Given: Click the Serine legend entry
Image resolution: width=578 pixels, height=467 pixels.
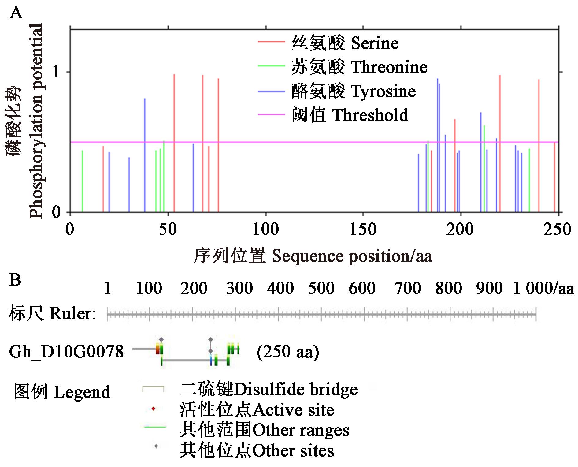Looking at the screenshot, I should tap(345, 43).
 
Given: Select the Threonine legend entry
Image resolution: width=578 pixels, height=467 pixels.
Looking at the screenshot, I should tap(359, 67).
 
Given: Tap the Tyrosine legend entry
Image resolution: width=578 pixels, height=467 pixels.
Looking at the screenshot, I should tap(354, 91).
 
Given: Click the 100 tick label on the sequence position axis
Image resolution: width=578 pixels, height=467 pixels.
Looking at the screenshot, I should tap(265, 229).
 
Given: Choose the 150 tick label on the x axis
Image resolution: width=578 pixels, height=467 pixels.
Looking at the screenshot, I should tap(363, 229).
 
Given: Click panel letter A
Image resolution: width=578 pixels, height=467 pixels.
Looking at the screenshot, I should tap(16, 13).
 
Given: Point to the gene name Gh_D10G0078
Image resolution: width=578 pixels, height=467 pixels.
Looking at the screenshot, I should tap(66, 352).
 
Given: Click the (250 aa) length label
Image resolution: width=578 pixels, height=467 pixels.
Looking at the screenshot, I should tap(288, 352).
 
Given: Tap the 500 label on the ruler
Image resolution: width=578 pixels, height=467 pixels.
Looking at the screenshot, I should tap(321, 288).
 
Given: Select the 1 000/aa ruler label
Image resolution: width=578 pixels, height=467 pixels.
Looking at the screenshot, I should tap(543, 288).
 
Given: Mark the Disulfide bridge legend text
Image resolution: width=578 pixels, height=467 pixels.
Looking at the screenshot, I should tap(269, 389).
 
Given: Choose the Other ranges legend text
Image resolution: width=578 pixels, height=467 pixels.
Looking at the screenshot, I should tap(265, 430).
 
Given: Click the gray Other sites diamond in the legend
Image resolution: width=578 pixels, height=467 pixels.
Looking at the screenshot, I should tap(156, 446).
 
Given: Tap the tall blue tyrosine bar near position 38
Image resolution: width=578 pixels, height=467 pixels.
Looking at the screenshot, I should tap(145, 153).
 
